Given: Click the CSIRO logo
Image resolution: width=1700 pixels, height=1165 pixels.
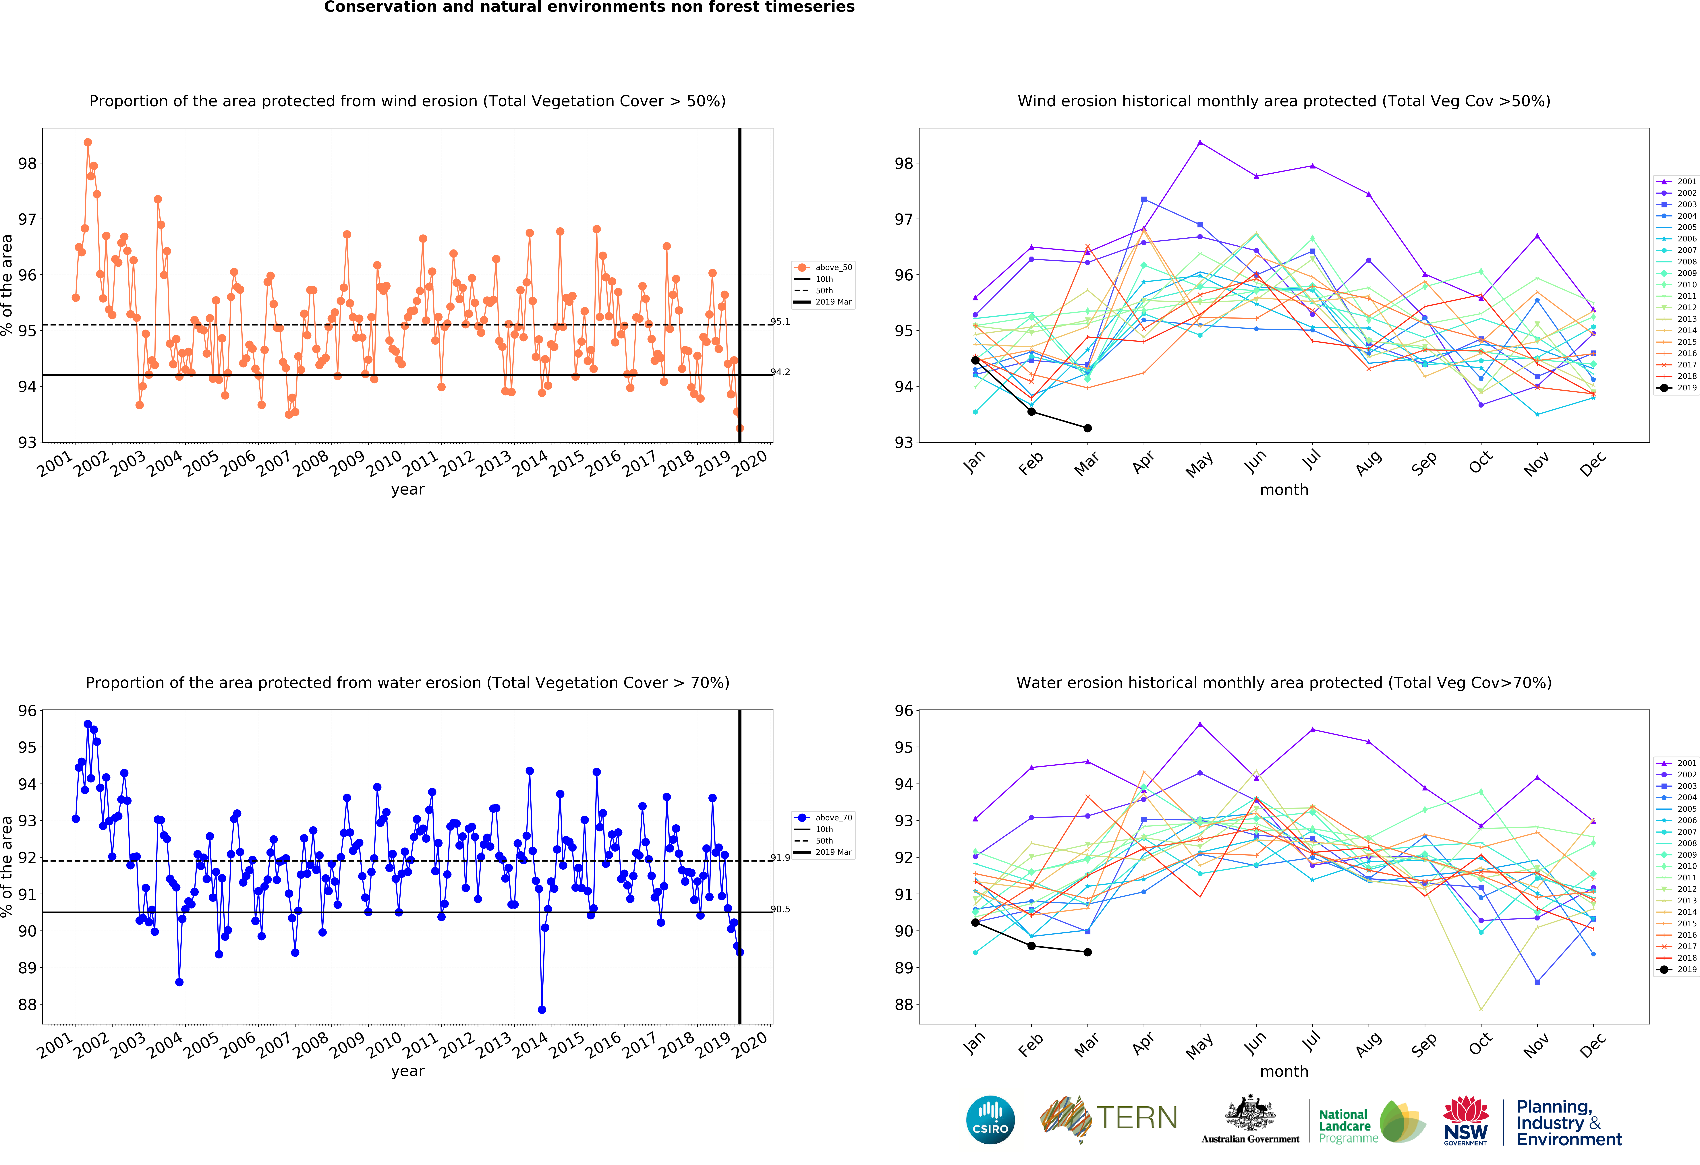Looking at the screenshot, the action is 990,1120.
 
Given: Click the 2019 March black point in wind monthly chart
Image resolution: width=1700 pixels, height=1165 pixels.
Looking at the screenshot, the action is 1088,428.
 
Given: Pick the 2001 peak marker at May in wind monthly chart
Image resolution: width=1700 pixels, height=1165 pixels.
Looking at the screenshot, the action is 1200,142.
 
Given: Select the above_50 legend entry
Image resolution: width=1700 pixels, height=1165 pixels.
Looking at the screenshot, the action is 823,268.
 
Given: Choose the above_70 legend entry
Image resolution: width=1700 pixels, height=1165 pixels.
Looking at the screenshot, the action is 823,818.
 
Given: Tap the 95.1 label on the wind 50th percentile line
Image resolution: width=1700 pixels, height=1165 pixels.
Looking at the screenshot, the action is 781,322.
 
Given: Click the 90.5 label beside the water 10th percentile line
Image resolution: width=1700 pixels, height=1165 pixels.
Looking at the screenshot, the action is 781,909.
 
